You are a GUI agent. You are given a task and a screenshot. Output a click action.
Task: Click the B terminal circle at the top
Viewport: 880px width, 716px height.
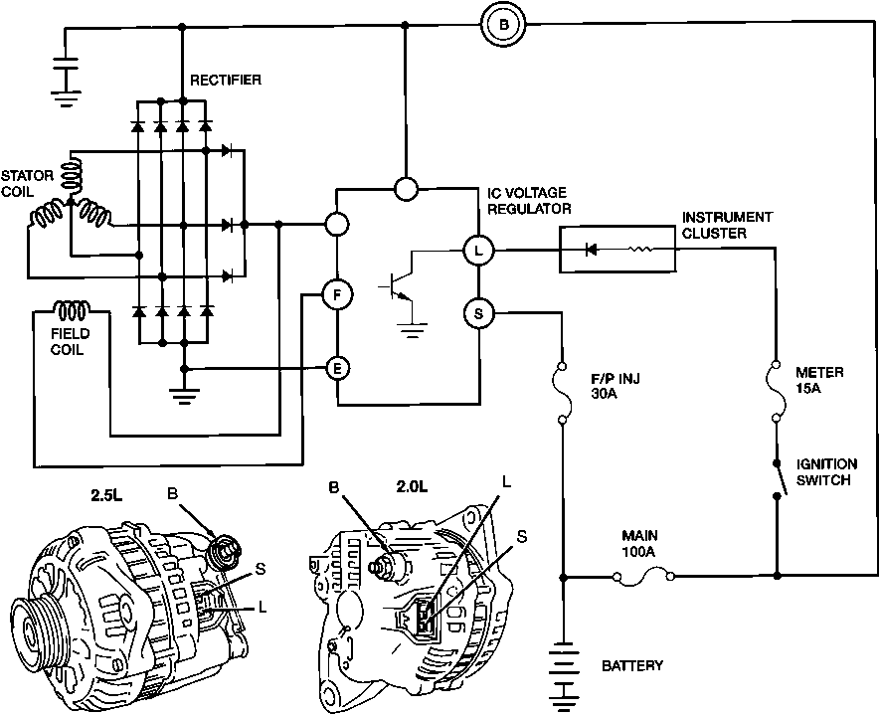(503, 26)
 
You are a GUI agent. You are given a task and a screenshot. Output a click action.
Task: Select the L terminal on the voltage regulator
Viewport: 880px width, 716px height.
(478, 251)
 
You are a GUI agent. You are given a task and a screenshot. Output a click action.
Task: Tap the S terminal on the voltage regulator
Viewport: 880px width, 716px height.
(478, 314)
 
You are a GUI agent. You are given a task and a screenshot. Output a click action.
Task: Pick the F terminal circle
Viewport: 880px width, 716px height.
(337, 294)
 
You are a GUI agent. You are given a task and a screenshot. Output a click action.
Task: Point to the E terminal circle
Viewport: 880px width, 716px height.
(338, 369)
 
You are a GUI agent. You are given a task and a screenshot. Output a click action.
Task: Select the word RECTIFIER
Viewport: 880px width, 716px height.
(226, 80)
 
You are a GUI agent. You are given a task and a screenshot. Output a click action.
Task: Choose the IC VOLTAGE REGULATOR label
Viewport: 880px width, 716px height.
(529, 200)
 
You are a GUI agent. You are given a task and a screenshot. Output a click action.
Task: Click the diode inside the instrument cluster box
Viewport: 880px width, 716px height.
(594, 250)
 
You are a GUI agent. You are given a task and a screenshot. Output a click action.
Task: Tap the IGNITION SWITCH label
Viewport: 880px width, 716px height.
(825, 471)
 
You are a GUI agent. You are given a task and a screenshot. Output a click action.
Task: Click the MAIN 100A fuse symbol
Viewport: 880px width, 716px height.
(647, 576)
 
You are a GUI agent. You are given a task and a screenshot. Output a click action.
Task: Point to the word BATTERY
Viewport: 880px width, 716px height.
(632, 665)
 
